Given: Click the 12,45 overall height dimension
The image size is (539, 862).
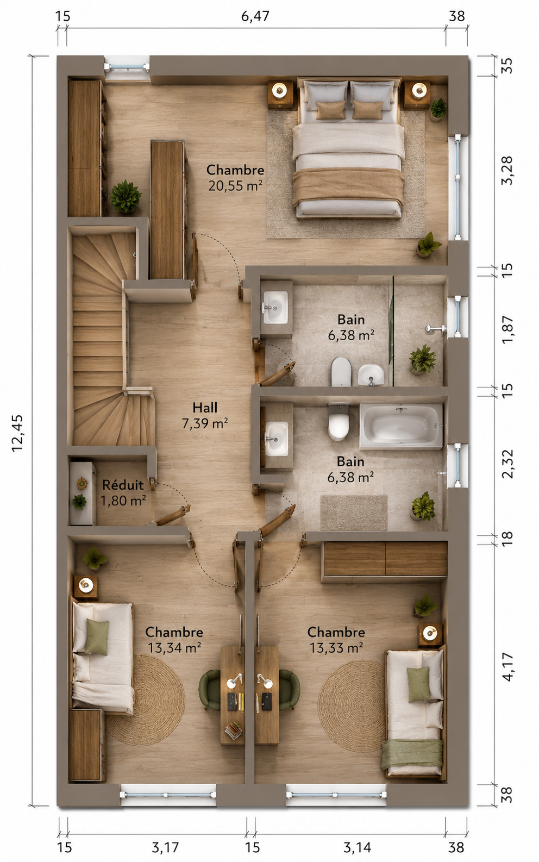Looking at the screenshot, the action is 18,433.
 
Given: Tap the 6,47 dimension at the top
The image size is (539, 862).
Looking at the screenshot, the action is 255,16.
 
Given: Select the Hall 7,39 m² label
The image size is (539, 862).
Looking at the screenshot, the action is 205,416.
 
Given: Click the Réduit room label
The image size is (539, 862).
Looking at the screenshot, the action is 123,485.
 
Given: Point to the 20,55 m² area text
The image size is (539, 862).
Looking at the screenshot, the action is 235,186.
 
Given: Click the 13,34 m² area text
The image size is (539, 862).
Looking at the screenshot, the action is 174,648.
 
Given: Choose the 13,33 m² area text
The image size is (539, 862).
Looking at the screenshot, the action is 336,648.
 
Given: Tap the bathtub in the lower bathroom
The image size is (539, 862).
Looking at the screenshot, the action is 401,426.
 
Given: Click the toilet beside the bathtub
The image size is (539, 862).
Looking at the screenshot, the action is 339,422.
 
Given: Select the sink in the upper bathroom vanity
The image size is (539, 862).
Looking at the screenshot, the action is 275,308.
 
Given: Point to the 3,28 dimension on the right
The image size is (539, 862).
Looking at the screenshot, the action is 508,171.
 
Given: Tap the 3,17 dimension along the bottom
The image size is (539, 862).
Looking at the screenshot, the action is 165,847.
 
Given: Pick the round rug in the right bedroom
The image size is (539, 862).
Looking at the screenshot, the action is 352,706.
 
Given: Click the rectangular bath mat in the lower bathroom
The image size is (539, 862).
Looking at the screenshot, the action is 354,513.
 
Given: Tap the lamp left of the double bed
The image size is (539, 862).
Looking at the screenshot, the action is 280,91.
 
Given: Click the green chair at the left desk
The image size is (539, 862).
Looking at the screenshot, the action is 210,690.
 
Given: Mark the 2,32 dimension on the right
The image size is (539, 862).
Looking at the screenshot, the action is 508,464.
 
